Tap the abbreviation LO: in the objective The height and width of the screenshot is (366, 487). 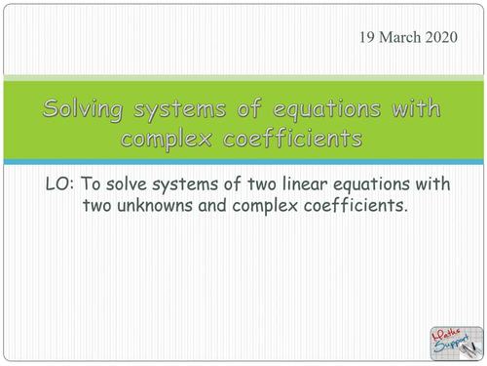pos(62,183)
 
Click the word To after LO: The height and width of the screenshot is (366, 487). pos(98,183)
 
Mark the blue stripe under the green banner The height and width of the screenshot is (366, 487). pos(243,161)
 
